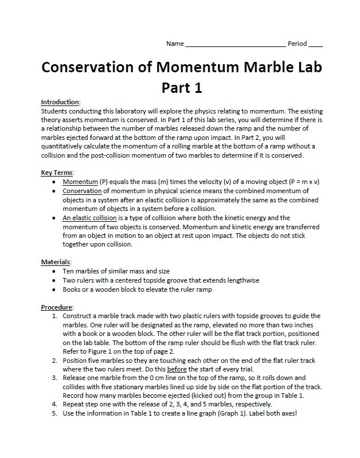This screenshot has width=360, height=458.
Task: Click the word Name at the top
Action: click(175, 44)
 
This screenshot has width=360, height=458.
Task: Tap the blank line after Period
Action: click(316, 45)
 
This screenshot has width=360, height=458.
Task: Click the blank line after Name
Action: click(236, 45)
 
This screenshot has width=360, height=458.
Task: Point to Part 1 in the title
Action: click(182, 88)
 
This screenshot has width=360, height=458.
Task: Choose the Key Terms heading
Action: click(57, 173)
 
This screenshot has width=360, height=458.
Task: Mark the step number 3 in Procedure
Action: click(54, 378)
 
